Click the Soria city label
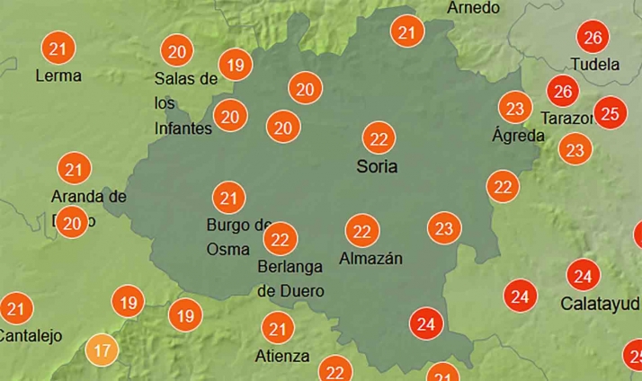pos(377,166)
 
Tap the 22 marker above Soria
pos(379,138)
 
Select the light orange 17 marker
pos(103,349)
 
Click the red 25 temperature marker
pos(611,113)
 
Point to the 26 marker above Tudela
pos(592,38)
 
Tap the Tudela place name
pos(595,65)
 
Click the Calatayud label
pos(601,303)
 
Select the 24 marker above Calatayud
pos(583,276)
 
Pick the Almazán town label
pos(370,259)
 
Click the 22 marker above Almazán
pos(361,231)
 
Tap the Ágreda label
pos(519,136)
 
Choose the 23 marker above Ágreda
pos(514,109)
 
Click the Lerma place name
pos(58,75)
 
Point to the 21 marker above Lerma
pos(59,48)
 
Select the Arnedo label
pos(473,8)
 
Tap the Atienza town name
pos(282,355)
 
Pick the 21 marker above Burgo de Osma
pos(228,198)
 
